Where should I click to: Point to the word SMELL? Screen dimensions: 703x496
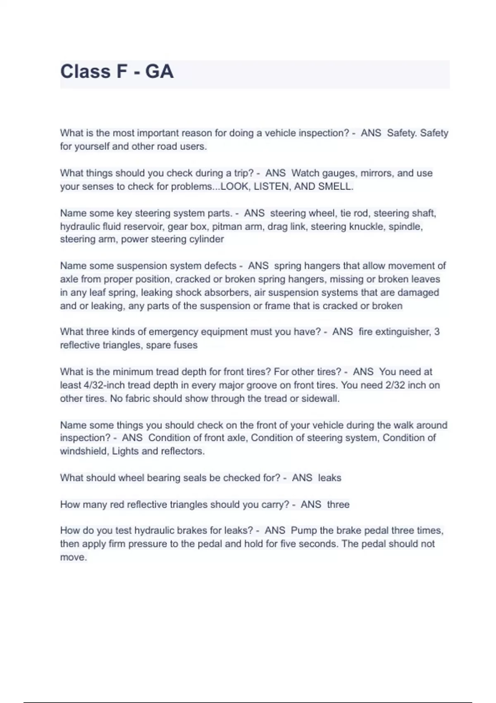(x=335, y=187)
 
